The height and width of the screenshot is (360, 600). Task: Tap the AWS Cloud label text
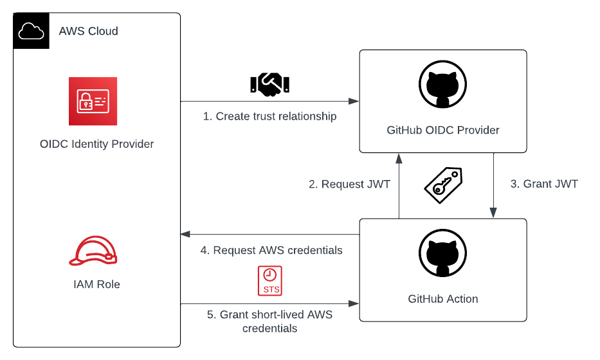tap(88, 31)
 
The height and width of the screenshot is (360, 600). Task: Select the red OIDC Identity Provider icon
tap(93, 101)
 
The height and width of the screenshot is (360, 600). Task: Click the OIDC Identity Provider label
tap(96, 144)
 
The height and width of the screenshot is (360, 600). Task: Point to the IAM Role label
tap(96, 283)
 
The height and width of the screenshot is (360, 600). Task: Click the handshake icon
tap(270, 83)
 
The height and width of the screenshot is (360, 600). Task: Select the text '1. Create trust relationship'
tap(270, 116)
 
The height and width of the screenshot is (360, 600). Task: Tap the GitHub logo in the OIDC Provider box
tap(442, 87)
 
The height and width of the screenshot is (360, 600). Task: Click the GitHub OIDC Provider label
tap(443, 130)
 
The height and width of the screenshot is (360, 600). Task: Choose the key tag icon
tap(442, 185)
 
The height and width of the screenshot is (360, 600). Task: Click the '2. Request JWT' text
tap(349, 184)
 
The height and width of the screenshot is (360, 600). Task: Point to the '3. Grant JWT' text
tap(544, 184)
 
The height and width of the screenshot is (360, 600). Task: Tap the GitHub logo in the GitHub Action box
tap(442, 256)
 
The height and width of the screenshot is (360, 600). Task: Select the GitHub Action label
tap(443, 298)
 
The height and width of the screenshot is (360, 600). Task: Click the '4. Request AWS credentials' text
tap(271, 250)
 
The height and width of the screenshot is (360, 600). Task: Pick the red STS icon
tap(271, 281)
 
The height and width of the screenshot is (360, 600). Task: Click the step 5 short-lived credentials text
tap(269, 321)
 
